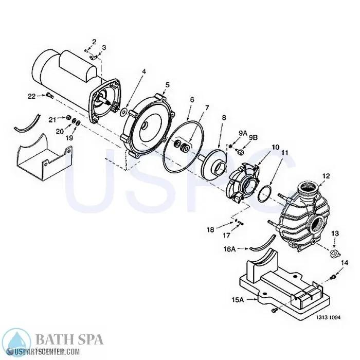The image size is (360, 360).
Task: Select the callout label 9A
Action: [243, 133]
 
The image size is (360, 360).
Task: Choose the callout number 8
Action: [224, 118]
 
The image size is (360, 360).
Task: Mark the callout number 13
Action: [335, 234]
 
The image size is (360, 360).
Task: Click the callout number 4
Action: [144, 72]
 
